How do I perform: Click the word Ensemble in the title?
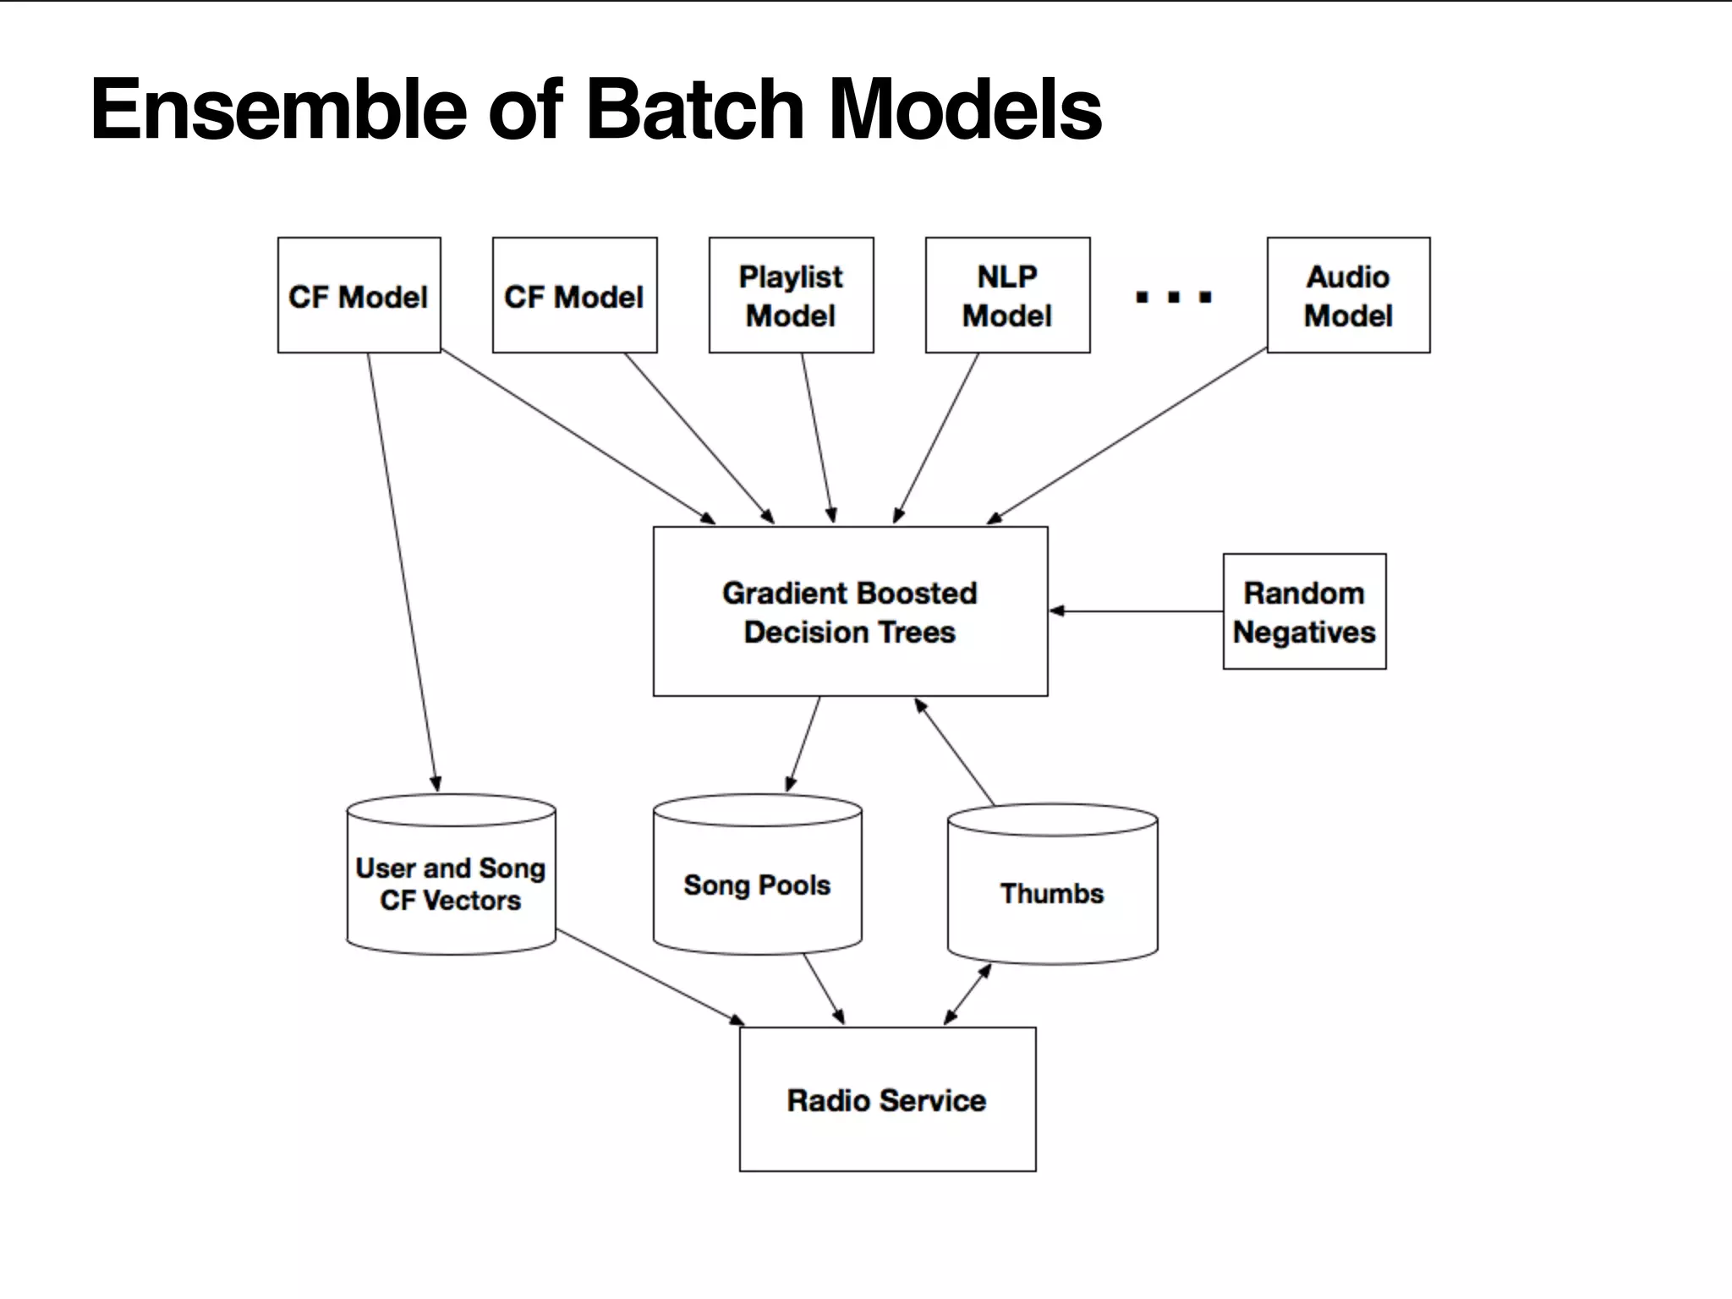pos(278,110)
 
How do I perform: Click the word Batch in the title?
pos(693,110)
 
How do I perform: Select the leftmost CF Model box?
pos(359,295)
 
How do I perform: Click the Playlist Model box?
pos(791,295)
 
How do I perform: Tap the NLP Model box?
pos(1007,295)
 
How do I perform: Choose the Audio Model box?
pos(1348,295)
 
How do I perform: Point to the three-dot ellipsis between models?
pos(1174,297)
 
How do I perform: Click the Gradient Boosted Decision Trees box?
pos(850,611)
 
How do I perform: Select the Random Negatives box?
pos(1304,611)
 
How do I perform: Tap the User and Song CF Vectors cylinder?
pos(451,884)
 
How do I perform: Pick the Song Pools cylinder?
pos(757,884)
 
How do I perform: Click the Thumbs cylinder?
pos(1052,893)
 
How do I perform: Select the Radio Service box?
pos(887,1099)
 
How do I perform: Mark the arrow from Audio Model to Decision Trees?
pos(1127,436)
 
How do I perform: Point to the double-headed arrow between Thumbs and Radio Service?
pos(967,995)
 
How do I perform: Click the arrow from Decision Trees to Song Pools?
pos(803,743)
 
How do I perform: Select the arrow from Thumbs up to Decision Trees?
pos(955,751)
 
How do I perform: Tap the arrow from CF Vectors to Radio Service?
pos(649,977)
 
